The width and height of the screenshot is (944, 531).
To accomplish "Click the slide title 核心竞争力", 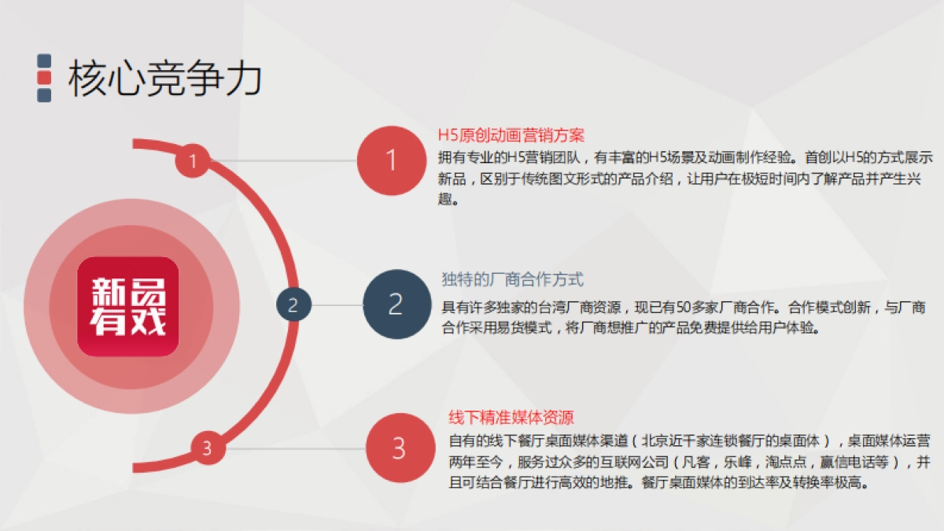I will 165,79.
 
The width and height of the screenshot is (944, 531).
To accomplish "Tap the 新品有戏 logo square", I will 128,307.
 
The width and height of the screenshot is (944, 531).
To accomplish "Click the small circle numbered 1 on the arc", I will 192,162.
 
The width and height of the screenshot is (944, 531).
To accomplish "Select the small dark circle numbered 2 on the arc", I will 293,305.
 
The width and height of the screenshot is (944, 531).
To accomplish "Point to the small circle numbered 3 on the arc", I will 207,449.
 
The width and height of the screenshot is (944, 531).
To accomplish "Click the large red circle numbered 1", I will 391,160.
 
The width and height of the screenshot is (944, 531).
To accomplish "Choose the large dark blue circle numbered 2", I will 396,304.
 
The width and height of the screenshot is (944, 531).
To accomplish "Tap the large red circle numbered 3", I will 400,448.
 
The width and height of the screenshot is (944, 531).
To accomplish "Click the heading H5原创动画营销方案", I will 511,135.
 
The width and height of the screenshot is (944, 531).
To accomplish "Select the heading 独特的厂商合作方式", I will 512,279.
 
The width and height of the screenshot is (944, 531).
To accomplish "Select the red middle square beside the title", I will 45,78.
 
